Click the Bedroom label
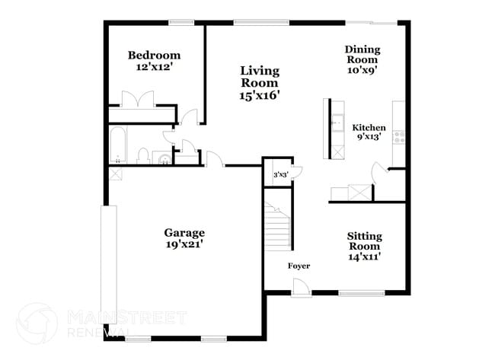154,55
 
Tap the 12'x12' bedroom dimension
154,67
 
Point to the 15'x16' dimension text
260,96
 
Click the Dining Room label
362,54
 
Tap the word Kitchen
371,128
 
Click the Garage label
184,233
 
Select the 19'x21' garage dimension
184,245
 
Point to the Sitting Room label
364,241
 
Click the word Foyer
299,266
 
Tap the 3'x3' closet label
279,175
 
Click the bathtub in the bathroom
117,146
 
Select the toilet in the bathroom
142,156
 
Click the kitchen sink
336,122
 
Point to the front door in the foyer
302,288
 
